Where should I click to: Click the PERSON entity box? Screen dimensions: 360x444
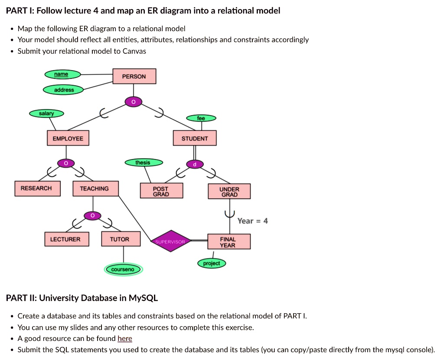coord(134,76)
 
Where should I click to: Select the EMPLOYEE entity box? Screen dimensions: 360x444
coord(68,138)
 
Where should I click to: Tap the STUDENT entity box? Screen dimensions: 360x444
coord(195,138)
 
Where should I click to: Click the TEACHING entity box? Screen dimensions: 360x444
coord(94,188)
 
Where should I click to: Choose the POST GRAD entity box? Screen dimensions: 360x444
coord(161,191)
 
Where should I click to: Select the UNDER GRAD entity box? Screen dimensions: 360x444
coord(229,191)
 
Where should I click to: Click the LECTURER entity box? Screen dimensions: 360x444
coord(65,239)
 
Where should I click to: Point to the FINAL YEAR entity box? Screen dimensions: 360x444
coord(228,242)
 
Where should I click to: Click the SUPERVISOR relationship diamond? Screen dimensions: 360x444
coord(170,242)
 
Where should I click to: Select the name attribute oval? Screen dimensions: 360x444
coord(62,75)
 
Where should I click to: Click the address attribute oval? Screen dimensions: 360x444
coord(63,90)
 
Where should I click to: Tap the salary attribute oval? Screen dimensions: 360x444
coord(46,114)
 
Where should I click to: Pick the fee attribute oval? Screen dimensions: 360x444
coord(201,118)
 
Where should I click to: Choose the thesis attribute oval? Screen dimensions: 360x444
coord(143,162)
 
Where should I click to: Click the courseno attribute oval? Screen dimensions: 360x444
coord(124,269)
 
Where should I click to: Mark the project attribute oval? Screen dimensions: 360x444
coord(212,263)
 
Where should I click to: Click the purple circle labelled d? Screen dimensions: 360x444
coord(195,164)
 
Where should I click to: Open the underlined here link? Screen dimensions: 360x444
coord(125,339)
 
